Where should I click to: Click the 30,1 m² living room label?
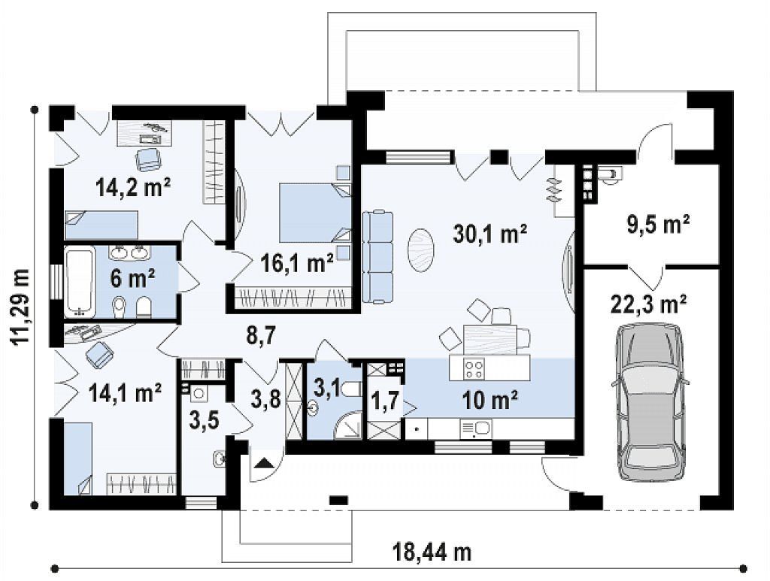point(490,234)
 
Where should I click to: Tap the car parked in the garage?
point(650,402)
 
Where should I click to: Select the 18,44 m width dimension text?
point(432,552)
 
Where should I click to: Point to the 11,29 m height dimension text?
point(21,307)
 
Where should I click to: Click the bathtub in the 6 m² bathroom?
point(80,282)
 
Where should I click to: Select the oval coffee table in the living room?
point(420,250)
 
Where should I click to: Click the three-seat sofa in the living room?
point(377,256)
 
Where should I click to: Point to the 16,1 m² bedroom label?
point(297,264)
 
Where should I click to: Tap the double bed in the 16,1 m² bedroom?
point(315,212)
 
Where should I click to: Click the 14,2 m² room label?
point(134,187)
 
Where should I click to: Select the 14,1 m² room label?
point(126,393)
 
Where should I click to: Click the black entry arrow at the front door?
point(264,463)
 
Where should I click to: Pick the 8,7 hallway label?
point(259,337)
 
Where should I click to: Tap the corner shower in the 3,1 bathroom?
point(348,426)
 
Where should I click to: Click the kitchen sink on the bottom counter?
point(475,428)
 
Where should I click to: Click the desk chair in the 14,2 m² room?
point(148,159)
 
